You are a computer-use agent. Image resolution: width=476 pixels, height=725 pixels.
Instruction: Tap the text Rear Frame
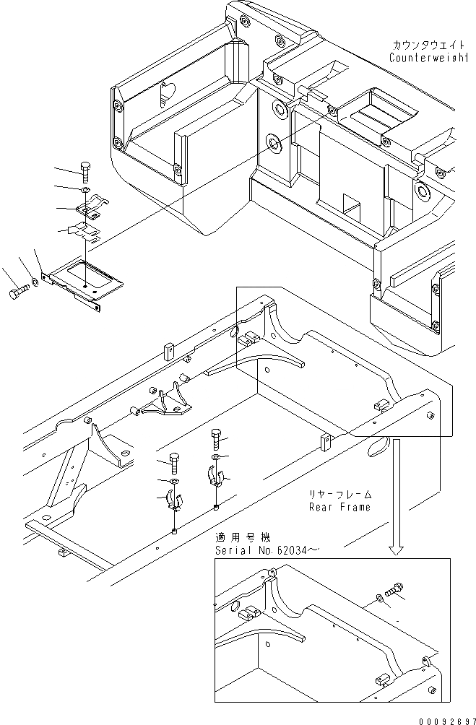pos(339,507)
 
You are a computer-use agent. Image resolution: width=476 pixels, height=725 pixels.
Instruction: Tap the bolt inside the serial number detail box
pos(396,589)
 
